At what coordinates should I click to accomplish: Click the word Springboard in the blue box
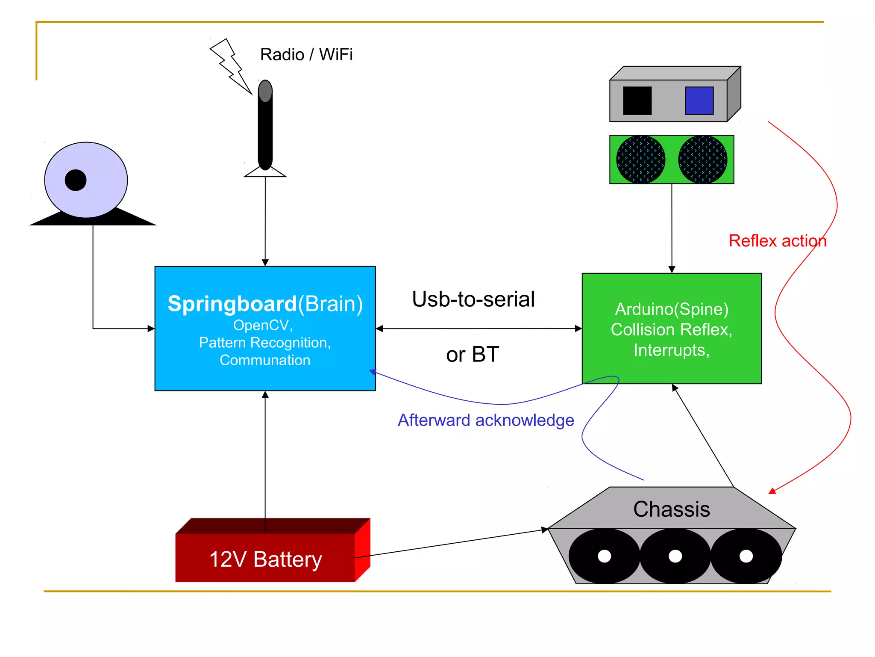coord(232,304)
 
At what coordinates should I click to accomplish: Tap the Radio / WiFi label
coord(306,54)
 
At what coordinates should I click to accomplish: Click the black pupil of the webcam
coord(76,180)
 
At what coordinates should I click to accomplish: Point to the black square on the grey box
coord(637,101)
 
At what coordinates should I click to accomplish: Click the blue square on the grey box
coord(699,101)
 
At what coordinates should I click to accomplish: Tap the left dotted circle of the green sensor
coord(640,160)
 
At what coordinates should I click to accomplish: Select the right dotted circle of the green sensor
coord(702,160)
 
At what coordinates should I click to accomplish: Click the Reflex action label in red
coord(777,241)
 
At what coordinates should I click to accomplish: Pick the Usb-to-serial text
coord(473,299)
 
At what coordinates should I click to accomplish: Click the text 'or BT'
coord(472,354)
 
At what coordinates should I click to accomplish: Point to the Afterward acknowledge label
coord(486,420)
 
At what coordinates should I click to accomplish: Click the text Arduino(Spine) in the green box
coord(672,309)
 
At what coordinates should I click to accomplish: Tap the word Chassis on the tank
coord(671,509)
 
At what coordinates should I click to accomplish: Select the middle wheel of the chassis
coord(675,556)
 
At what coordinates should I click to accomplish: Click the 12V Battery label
coord(265,559)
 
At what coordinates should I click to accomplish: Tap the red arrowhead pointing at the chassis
coord(772,491)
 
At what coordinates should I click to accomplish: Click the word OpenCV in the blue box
coord(261,325)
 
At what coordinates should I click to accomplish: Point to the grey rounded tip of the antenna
coord(265,91)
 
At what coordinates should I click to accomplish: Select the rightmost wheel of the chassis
coord(746,556)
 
